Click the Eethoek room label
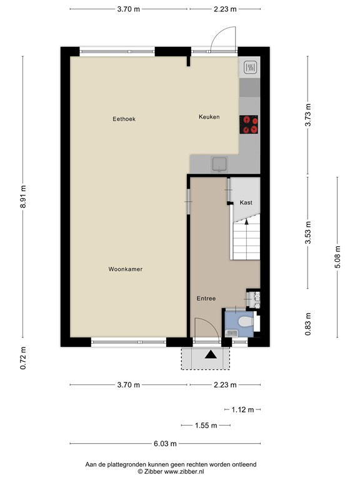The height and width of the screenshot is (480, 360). click(124, 119)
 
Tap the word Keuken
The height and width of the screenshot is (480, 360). click(209, 117)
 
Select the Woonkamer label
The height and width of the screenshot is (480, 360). click(125, 269)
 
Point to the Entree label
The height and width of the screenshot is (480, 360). click(206, 299)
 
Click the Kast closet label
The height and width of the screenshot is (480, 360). click(246, 202)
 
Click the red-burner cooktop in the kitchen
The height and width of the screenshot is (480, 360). click(249, 124)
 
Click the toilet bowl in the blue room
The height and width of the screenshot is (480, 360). click(246, 322)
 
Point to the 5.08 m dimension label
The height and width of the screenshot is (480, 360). click(337, 256)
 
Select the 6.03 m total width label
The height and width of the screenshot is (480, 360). click(165, 444)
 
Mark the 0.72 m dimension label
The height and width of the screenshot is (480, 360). click(23, 357)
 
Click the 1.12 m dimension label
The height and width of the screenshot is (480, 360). click(242, 410)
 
